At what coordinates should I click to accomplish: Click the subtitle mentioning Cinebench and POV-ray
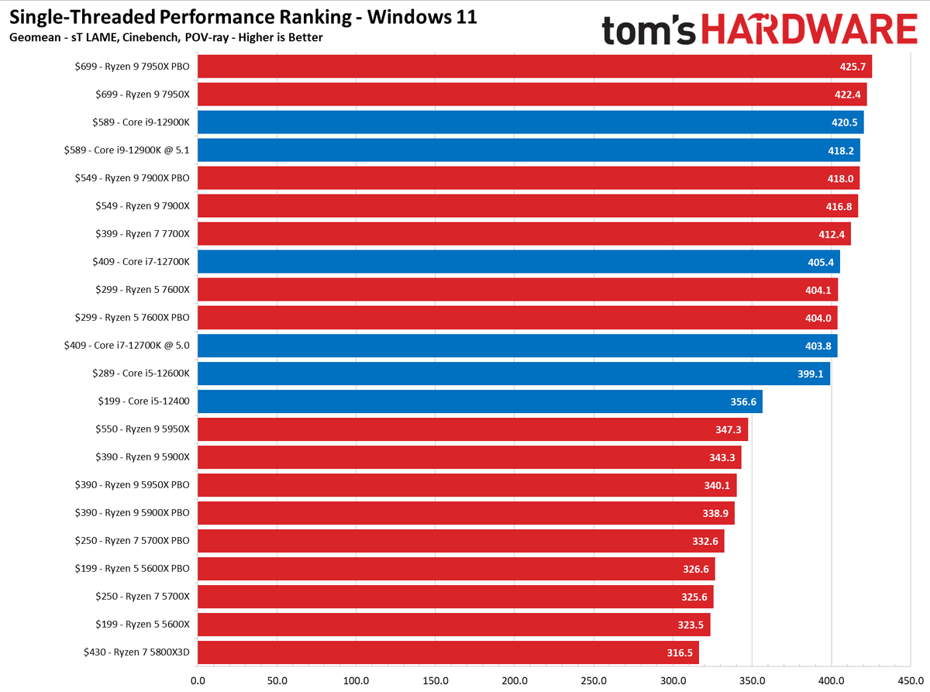(166, 38)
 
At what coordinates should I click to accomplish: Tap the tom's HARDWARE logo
(759, 30)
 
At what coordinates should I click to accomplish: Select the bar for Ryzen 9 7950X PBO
(535, 67)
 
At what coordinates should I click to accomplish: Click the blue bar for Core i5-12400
(480, 401)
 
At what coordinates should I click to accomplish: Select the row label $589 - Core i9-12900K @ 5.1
(127, 150)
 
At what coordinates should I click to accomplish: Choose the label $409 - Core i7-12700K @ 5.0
(127, 346)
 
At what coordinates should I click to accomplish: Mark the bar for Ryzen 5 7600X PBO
(517, 318)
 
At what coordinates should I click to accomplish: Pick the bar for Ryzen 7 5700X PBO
(460, 541)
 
